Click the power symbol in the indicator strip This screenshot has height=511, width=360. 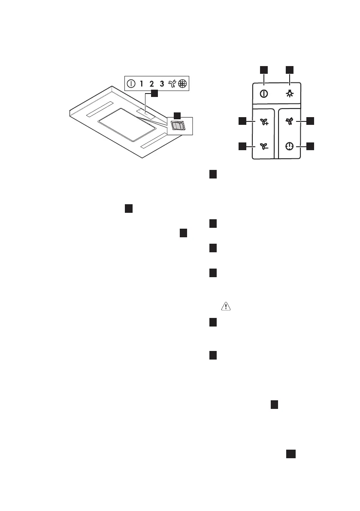131,84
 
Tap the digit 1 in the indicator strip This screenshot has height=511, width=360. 142,84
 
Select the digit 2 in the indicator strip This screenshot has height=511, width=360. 152,84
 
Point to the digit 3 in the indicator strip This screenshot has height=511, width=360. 162,84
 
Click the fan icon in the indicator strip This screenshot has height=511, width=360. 172,84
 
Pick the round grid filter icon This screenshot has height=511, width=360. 183,84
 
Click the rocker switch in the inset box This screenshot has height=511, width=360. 177,126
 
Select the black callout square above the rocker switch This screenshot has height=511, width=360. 177,115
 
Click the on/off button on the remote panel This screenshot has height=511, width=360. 264,94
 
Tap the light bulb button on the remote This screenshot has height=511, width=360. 290,94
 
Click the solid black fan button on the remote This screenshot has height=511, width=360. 290,121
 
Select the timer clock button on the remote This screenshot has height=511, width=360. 290,147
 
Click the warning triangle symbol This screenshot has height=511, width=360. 225,306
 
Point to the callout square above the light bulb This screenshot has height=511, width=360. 290,70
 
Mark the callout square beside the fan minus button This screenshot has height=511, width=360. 242,147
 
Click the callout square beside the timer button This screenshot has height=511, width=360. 311,147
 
